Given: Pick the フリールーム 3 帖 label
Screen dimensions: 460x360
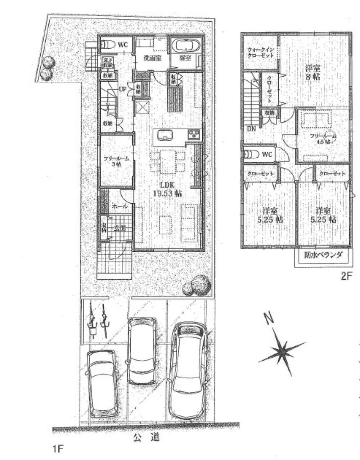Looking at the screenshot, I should (116, 161).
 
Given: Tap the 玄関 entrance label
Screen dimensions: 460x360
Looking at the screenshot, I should (120, 227).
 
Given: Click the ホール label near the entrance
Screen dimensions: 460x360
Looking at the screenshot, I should (120, 207).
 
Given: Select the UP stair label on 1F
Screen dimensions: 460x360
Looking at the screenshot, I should (122, 89).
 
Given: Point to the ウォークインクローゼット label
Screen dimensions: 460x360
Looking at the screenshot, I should (260, 53).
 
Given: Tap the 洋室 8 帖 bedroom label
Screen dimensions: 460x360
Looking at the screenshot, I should (313, 72).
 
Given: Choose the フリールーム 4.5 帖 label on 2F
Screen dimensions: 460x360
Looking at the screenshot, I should (323, 139).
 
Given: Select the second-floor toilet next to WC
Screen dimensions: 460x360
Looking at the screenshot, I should (252, 154).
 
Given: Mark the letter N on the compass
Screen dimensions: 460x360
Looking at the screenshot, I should (267, 318).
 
